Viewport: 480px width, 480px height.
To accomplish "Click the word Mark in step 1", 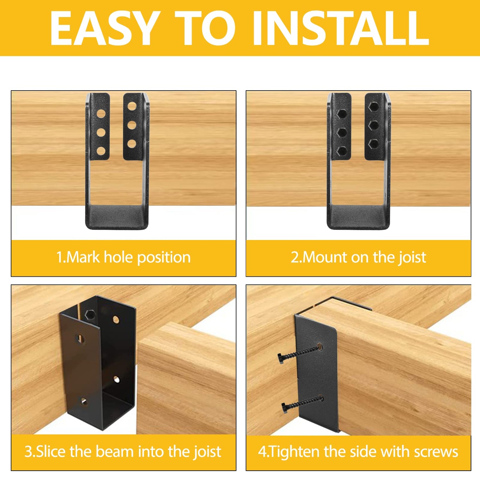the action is [x=83, y=257].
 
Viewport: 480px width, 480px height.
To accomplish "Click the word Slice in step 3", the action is [x=51, y=451].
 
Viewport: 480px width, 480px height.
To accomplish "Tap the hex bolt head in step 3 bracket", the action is [x=91, y=315].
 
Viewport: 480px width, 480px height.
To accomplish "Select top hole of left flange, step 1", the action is [x=101, y=113].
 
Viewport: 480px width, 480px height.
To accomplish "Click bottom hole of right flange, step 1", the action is [x=132, y=144].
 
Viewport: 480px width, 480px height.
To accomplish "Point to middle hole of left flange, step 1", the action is [x=101, y=132].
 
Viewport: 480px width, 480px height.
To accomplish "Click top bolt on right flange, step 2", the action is [x=373, y=106].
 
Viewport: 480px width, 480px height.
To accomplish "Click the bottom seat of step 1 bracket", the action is [x=117, y=216].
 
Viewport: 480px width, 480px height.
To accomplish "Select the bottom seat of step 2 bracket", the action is [x=359, y=216].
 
